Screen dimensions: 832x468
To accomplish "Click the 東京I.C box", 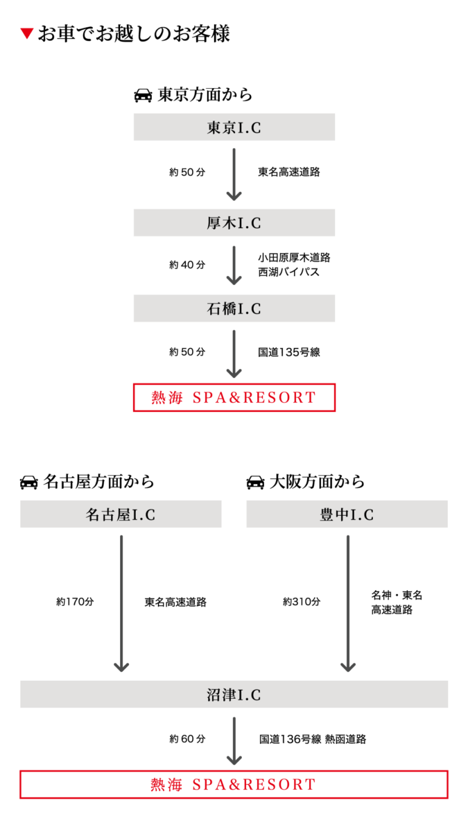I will [x=234, y=127].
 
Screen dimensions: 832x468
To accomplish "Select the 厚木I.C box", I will [x=234, y=223].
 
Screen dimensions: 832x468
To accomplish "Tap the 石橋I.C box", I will [x=234, y=308].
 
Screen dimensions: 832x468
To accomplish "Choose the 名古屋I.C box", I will [x=121, y=514].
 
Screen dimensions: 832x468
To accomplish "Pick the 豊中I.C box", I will [x=347, y=514].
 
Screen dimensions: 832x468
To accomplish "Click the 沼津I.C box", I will [x=234, y=694].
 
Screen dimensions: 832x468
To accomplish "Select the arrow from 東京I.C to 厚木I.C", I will [x=234, y=173].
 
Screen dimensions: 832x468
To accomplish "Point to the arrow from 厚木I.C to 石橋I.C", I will [x=234, y=264].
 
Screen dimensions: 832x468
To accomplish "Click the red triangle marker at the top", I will [x=27, y=34].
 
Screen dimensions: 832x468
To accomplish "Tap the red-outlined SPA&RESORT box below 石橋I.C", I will [x=234, y=398].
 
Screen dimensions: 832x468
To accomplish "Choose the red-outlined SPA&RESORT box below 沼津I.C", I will [x=234, y=784].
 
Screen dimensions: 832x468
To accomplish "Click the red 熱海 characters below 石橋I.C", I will [x=167, y=398].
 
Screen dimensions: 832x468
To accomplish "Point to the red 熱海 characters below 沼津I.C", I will [x=167, y=785].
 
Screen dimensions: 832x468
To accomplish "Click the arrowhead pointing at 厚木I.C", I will [x=234, y=196].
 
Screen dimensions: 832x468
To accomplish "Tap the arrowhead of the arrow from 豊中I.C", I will [x=347, y=667].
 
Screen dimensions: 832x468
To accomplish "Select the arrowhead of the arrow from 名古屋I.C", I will [x=121, y=667].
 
